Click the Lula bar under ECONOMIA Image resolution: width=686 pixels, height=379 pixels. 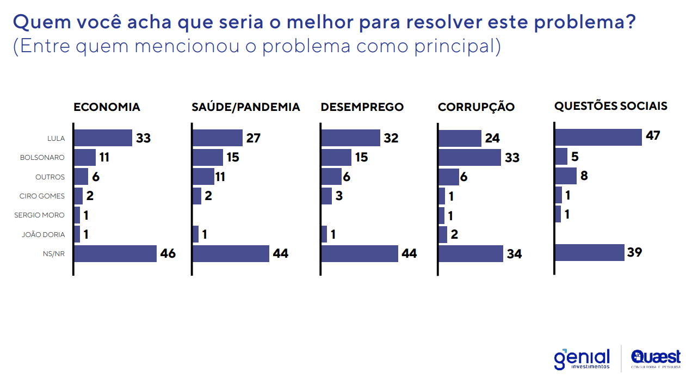[103, 138]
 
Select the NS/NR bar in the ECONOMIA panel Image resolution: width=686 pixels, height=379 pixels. [115, 254]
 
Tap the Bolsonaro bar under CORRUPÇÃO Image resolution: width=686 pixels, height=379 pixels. [469, 158]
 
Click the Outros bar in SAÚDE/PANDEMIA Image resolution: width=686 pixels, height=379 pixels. [203, 177]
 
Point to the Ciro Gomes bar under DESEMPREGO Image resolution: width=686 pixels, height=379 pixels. [326, 196]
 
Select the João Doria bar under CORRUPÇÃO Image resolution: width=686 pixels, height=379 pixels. [442, 234]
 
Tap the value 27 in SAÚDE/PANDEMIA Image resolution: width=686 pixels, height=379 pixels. [254, 138]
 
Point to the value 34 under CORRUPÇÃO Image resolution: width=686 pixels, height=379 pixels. [514, 254]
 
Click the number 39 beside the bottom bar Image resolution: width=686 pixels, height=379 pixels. [635, 252]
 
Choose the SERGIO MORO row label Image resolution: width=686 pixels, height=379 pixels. [39, 215]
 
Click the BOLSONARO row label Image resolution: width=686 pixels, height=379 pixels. [42, 158]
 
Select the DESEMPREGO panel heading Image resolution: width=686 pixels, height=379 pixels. [362, 107]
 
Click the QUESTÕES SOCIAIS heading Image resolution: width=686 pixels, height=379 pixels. [610, 106]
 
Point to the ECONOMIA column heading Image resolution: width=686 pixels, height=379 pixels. [107, 107]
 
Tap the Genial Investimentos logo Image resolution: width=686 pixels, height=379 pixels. [582, 359]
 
